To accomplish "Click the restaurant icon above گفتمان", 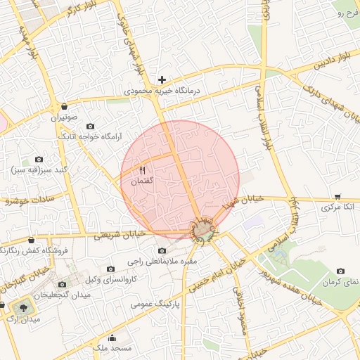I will click(x=143, y=170).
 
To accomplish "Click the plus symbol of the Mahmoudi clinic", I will click(x=162, y=79).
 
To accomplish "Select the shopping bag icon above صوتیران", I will click(x=65, y=106).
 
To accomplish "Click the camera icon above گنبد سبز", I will click(x=39, y=160).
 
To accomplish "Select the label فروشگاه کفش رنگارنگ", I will click(x=34, y=250).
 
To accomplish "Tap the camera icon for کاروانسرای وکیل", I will click(x=110, y=269).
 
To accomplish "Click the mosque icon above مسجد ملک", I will click(x=112, y=338).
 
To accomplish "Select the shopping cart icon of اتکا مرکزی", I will click(x=338, y=197).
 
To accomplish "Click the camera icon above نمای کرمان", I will click(x=341, y=271).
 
